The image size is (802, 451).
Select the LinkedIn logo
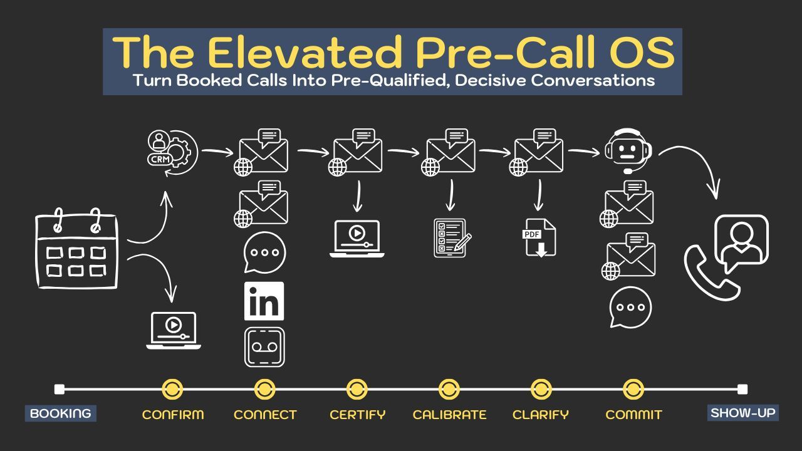[264, 301]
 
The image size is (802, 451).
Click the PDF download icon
[539, 237]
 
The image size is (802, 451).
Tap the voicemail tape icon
[264, 347]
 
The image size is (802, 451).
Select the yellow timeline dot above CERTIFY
[357, 389]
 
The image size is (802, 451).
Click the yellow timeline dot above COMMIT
[633, 389]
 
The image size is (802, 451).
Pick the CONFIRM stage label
[173, 415]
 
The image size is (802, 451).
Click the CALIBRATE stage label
[449, 415]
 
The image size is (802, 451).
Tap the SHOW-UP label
[743, 413]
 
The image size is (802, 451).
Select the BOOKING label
[61, 413]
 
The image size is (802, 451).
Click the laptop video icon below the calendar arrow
[174, 330]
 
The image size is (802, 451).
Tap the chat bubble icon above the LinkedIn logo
[264, 252]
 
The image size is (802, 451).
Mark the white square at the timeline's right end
[742, 389]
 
